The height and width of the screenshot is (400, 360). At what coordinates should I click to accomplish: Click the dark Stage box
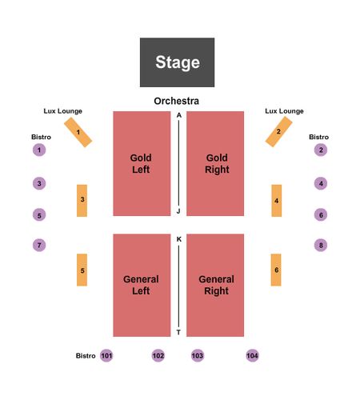pos(177,62)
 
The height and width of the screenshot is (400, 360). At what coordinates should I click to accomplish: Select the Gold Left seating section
pos(142,163)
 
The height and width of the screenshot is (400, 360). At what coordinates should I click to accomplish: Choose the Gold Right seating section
pos(215,163)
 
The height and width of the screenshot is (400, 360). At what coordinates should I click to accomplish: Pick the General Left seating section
pos(142,286)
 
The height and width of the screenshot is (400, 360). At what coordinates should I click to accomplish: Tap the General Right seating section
pos(215,286)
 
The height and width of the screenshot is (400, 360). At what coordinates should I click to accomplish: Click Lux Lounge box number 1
pos(78,132)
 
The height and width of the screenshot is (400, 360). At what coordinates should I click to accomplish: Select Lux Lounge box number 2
pos(278,132)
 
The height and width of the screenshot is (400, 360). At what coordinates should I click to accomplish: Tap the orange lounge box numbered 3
pos(82,201)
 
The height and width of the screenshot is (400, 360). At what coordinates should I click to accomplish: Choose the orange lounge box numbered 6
pos(276,270)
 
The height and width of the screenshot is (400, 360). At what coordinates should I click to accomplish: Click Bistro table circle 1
pos(39,150)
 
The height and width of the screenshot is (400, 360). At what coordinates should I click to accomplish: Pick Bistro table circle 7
pos(39,245)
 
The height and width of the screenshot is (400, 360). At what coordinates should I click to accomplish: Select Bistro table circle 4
pos(321,183)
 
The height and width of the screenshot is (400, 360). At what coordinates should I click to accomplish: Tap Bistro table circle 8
pos(321,245)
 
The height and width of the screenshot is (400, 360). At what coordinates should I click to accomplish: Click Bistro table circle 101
pos(106,355)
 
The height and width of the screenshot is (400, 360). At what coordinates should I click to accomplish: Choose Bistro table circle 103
pos(198,355)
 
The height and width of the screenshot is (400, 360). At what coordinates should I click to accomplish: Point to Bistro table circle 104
pos(252,355)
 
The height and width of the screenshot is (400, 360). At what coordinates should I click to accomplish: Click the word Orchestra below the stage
pos(177,101)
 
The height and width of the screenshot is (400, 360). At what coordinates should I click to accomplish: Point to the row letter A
pos(179,115)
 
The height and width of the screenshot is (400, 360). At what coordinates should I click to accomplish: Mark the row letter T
pos(178,332)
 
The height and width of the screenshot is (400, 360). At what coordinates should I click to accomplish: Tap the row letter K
pos(179,239)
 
